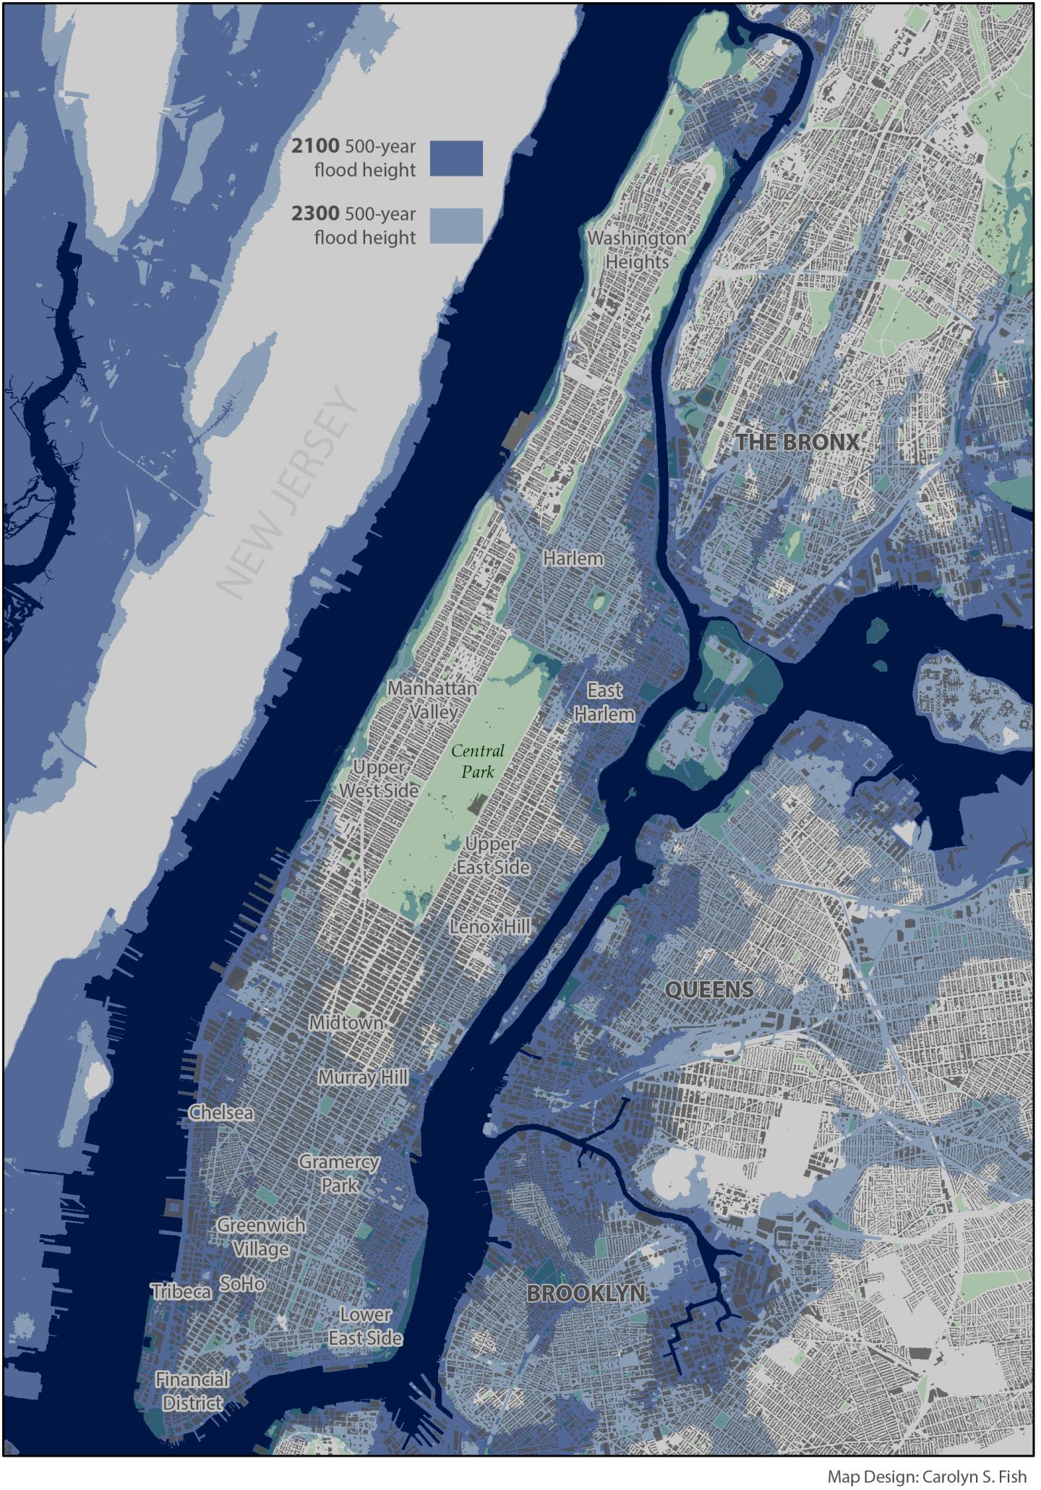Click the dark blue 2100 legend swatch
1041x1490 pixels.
(x=456, y=158)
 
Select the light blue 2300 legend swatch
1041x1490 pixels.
(x=456, y=226)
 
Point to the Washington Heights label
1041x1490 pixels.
(x=637, y=249)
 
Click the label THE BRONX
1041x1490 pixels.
(x=797, y=442)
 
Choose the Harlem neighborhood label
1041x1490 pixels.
(x=573, y=559)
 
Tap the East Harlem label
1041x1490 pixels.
(x=604, y=702)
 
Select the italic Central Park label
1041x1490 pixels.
(x=478, y=761)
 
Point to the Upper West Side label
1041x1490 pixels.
(x=379, y=779)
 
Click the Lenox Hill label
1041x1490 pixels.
(x=491, y=926)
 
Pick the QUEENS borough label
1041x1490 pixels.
(x=708, y=990)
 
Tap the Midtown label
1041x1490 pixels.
(x=346, y=1023)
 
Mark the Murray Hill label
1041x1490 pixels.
(x=364, y=1077)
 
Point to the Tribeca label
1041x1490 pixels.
(x=181, y=1291)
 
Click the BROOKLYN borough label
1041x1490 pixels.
(x=586, y=1293)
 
